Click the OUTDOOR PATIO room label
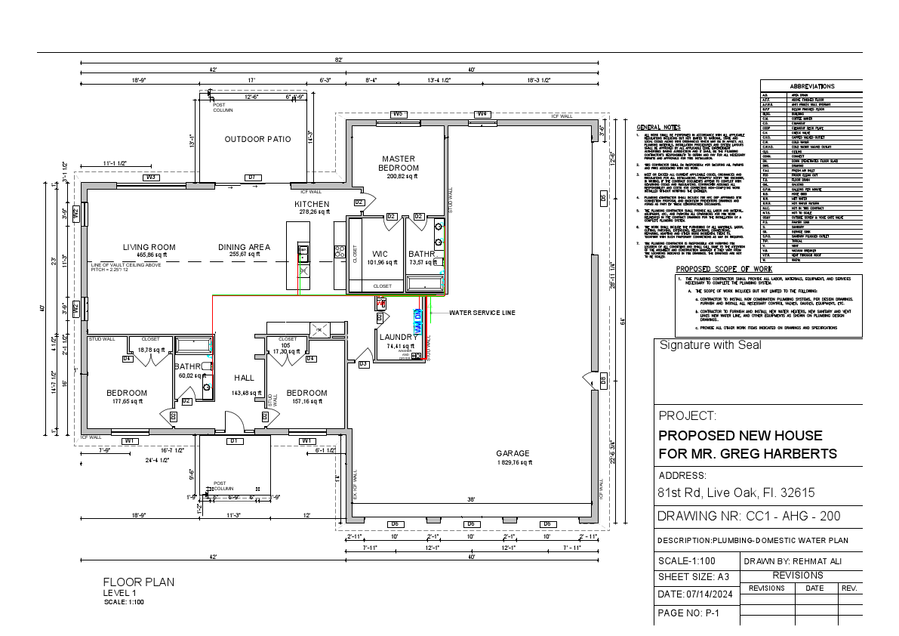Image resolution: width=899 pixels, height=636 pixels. [257, 139]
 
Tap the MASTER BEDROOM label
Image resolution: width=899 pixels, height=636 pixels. [399, 162]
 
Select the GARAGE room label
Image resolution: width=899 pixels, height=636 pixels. [513, 453]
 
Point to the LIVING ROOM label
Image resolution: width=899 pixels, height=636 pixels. [149, 247]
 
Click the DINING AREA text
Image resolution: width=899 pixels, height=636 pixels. [245, 247]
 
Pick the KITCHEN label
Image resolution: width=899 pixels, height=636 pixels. [312, 204]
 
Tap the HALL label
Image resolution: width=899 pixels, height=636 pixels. [244, 377]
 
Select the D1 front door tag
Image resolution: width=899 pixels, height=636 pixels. [234, 440]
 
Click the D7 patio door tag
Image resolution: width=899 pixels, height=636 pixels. [252, 177]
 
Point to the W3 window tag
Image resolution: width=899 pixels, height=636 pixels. [150, 177]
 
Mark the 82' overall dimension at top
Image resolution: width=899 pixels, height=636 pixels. [340, 59]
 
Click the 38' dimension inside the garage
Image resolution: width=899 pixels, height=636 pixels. [470, 499]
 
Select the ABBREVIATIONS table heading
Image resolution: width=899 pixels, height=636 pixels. [811, 87]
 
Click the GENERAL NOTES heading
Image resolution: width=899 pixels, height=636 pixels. [658, 127]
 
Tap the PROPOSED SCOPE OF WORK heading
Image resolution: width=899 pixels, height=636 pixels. [723, 269]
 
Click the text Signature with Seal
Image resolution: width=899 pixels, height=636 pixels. [710, 345]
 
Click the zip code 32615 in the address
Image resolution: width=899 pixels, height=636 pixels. [793, 492]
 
